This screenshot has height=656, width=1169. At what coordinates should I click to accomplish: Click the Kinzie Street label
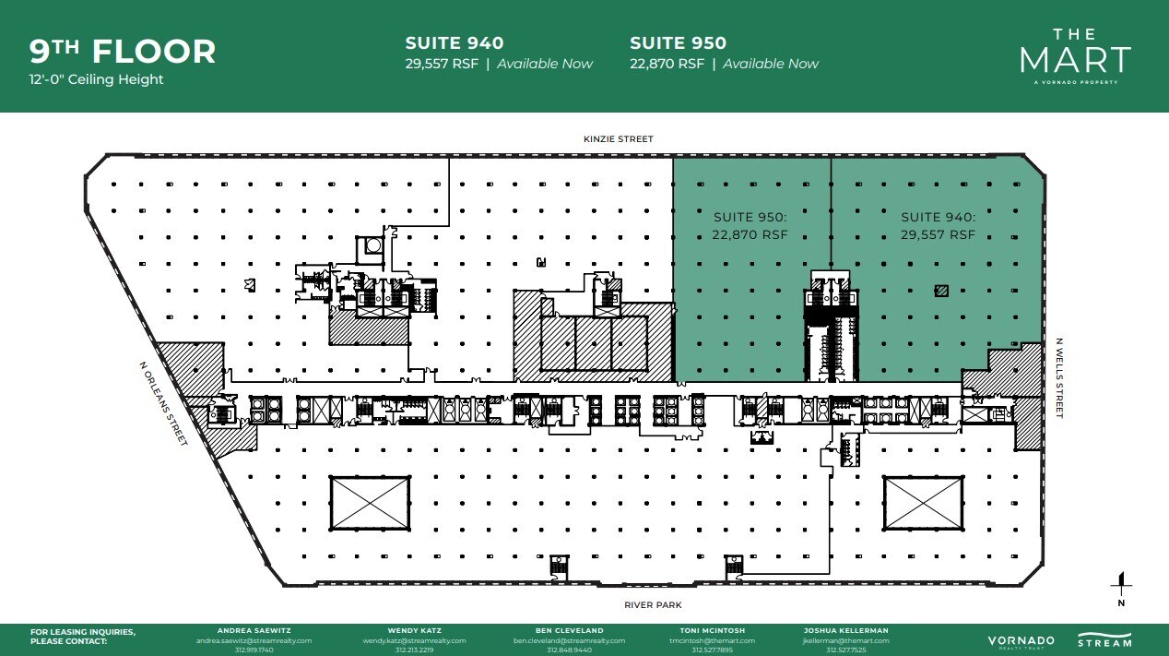click(x=618, y=139)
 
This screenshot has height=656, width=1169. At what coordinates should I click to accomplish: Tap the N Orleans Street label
click(x=164, y=403)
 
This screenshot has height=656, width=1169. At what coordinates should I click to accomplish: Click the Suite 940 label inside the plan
click(x=938, y=226)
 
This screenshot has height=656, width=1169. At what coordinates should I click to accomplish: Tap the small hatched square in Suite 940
click(x=941, y=291)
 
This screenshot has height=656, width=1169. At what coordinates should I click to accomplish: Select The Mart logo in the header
click(x=1074, y=56)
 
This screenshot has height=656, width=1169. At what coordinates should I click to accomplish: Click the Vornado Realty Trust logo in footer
click(x=1021, y=641)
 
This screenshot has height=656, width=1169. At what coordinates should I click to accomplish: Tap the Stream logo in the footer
click(x=1104, y=639)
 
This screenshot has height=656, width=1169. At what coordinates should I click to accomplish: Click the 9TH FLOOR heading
click(x=123, y=52)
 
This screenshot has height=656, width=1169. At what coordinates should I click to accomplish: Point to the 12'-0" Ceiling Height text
click(x=96, y=79)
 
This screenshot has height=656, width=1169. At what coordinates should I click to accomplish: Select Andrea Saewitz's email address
click(x=254, y=640)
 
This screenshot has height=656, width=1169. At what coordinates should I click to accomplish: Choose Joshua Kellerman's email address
click(x=846, y=640)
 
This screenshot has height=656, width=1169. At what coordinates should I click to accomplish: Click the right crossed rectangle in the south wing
click(x=923, y=503)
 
